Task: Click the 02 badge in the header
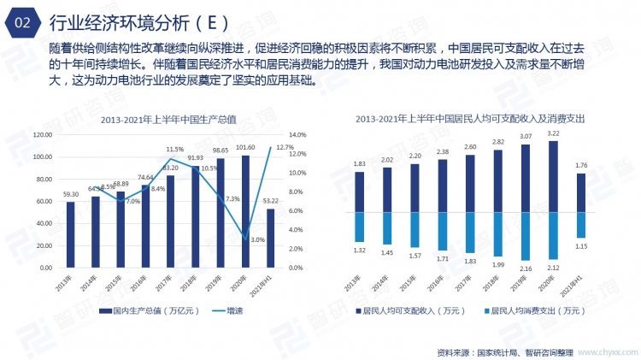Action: click(x=23, y=22)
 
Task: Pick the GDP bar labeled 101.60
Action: click(x=245, y=211)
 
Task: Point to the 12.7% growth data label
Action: click(x=285, y=148)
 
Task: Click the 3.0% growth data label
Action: click(x=257, y=240)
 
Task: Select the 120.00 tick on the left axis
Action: click(x=42, y=135)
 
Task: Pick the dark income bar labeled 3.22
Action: click(x=553, y=177)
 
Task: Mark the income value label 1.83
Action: click(x=360, y=163)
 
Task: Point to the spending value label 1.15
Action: click(x=581, y=246)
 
